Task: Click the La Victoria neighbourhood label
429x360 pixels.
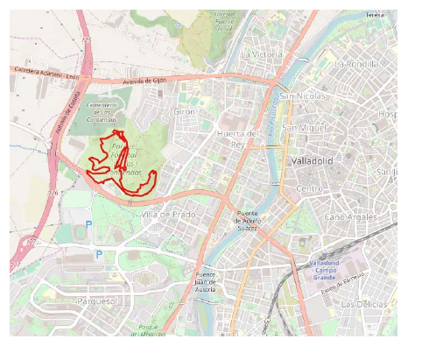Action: click(262, 54)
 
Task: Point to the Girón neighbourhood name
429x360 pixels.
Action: click(185, 112)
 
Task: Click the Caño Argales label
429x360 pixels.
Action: click(353, 216)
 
